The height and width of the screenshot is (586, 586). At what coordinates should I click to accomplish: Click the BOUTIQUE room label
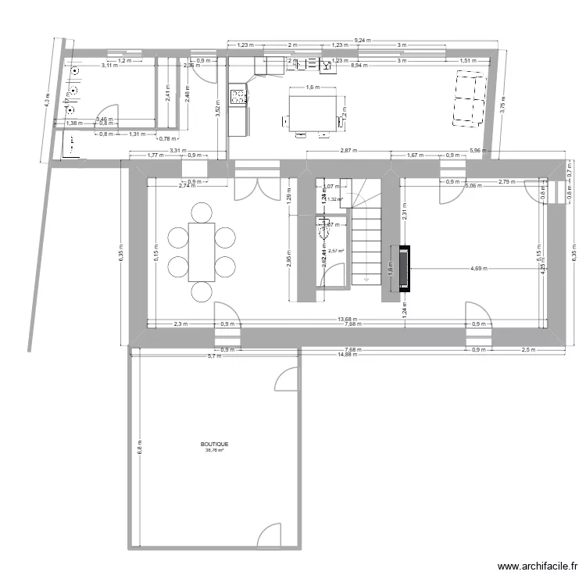tap(214, 443)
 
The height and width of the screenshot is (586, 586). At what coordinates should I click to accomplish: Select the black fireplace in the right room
tap(403, 269)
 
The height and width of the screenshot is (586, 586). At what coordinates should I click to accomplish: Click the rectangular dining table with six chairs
tap(202, 252)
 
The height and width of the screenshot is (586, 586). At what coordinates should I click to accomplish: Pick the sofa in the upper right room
tap(469, 98)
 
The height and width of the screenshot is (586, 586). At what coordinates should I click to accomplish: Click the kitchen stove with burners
tap(238, 98)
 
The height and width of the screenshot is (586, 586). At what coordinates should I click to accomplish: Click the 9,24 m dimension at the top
tap(362, 38)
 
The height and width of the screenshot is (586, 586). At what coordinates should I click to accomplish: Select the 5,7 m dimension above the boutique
tap(213, 356)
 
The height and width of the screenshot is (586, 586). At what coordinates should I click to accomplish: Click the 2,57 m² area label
tap(336, 251)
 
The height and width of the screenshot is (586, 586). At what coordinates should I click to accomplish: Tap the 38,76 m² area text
tap(214, 450)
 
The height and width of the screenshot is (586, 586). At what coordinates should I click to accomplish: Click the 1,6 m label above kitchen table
tap(313, 88)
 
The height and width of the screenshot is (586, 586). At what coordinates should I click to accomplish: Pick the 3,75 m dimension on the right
tap(502, 109)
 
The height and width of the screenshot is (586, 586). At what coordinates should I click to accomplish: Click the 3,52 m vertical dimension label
tap(218, 109)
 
